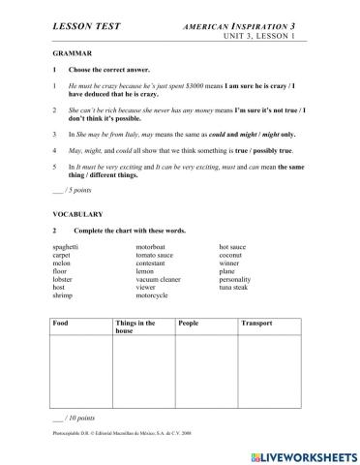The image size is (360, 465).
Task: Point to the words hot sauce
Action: [x=236, y=248]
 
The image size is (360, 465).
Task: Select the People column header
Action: [x=189, y=322]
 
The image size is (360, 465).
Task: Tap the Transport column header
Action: [x=256, y=322]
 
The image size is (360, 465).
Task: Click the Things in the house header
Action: [x=135, y=326]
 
